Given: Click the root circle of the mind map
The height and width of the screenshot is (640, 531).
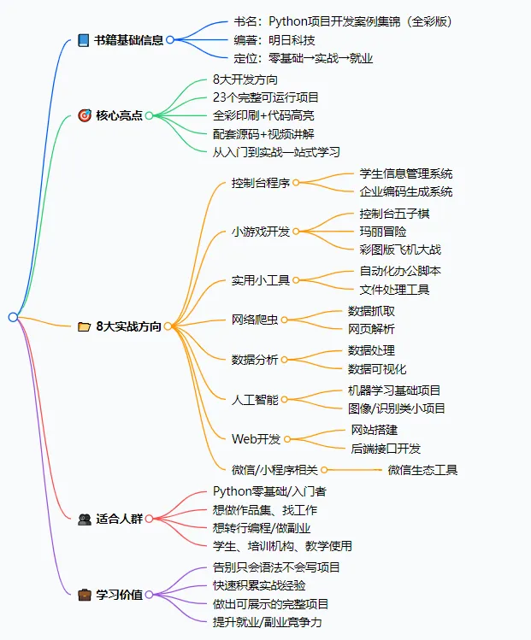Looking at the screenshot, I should point(13,317).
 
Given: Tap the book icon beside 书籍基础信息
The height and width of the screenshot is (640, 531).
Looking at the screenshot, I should point(83,40).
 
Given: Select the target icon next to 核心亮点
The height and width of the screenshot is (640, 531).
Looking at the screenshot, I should point(84,115).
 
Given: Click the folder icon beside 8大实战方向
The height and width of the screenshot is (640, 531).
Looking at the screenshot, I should point(84,326).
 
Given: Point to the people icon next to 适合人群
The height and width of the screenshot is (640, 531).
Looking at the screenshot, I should point(84,519).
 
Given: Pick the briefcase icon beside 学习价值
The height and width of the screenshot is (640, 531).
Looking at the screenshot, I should point(84,594).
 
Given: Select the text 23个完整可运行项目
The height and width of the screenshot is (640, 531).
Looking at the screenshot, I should point(266,97).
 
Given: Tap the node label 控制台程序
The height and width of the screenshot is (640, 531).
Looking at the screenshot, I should point(260,183).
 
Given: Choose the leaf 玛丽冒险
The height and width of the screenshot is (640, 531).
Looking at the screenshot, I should point(382,232).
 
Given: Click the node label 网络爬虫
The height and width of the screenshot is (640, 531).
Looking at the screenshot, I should point(255,320).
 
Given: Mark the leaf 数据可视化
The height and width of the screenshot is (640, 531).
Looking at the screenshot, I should point(377,369).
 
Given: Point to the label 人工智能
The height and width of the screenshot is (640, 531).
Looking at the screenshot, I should point(255,399).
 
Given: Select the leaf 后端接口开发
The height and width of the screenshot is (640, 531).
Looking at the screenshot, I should point(386,449).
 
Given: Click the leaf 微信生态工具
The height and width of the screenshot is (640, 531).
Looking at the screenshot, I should point(422,470).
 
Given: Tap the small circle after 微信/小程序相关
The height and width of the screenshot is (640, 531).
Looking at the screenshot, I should point(324,470).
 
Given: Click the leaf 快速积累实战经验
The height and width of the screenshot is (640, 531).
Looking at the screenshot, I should point(259,585).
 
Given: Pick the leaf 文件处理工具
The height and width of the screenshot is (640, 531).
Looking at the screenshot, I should point(394,290).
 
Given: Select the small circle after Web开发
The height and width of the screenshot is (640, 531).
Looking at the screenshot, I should point(288,439).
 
